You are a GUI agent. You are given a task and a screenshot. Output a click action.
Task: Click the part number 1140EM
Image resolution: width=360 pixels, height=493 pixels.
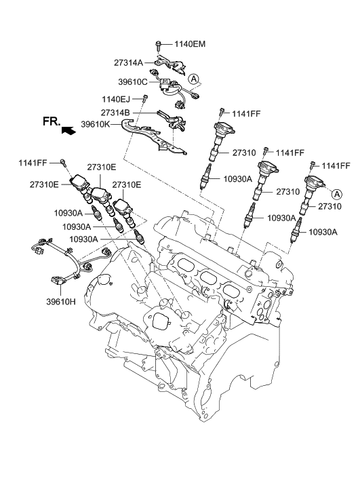coord(190,44)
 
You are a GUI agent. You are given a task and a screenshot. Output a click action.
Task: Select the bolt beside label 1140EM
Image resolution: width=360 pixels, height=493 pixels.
coord(158,46)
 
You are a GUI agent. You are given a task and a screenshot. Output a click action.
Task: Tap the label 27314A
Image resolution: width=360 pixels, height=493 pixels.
coord(128,63)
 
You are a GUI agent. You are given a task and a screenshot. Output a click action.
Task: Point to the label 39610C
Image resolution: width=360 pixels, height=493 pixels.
coord(133,82)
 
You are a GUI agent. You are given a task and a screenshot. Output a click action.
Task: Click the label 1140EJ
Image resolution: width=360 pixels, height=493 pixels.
coord(116,100)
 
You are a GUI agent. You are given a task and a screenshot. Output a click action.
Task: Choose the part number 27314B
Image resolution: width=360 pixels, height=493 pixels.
coord(115,113)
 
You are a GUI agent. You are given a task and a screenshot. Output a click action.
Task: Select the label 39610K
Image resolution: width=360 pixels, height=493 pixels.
coord(96,124)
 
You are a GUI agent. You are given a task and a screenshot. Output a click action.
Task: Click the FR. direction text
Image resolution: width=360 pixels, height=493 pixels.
coord(52,121)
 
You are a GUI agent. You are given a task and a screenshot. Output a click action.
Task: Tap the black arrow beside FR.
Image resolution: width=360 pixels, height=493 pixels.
coord(69,130)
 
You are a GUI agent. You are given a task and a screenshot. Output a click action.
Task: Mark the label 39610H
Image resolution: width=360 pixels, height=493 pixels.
coord(61,302)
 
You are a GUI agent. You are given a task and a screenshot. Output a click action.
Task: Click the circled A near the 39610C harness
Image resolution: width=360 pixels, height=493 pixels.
coord(194,79)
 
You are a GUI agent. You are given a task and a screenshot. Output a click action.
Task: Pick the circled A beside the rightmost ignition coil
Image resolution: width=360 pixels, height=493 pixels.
coord(337,195)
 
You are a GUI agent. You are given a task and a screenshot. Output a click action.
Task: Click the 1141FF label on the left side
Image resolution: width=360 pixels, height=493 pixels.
coord(33,163)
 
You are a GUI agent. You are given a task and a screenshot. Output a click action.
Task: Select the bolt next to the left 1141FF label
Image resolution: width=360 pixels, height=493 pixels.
coord(64,163)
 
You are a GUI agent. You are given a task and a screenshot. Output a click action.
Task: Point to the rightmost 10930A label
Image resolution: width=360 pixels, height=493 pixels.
coord(323,232)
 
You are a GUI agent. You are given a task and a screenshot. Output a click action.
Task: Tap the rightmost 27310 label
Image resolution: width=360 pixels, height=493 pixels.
coord(329,206)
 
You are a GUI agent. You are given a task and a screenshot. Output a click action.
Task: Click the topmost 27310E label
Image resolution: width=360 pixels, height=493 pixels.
coord(102,167)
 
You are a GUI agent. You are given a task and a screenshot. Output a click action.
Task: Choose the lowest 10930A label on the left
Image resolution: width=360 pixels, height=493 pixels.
coord(83,239)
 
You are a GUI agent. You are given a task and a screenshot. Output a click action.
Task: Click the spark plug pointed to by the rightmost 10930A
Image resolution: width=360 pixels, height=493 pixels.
coord(296,230)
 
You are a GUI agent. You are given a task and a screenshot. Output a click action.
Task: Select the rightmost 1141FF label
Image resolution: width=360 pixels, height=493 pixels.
coord(336,165)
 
